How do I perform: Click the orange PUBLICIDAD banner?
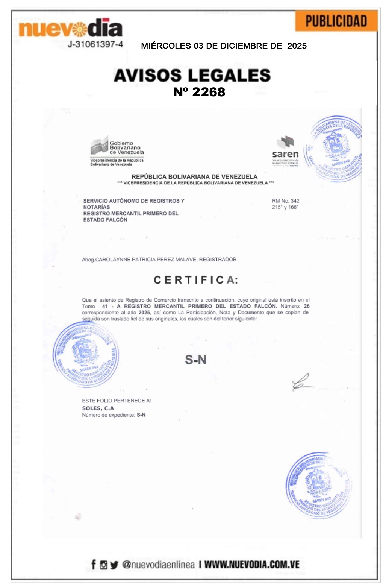[x=336, y=21]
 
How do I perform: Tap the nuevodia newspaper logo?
[x=71, y=29]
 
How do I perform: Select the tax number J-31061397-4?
[x=95, y=44]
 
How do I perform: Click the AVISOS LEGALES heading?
[x=192, y=75]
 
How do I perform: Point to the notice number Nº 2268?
[x=199, y=92]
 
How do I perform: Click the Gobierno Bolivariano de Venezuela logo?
[x=117, y=150]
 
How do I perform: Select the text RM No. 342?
[x=286, y=201]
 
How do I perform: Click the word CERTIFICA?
[x=196, y=280]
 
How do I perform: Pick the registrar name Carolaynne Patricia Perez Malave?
[x=145, y=260]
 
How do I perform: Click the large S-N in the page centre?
[x=195, y=360]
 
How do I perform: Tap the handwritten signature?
[x=301, y=383]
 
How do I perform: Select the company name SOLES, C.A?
[x=98, y=408]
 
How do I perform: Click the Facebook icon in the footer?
[x=94, y=565]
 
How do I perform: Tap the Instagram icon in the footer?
[x=104, y=565]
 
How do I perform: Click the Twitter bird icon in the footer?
[x=114, y=565]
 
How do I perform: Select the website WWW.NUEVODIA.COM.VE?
[x=252, y=565]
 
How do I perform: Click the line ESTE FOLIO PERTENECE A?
[x=117, y=401]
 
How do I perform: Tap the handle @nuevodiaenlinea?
[x=158, y=565]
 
